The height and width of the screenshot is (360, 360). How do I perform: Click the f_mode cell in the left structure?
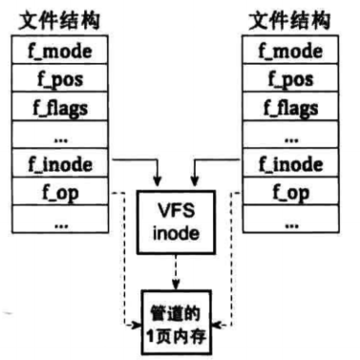(x=60, y=50)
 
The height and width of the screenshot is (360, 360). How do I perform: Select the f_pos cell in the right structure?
(x=290, y=78)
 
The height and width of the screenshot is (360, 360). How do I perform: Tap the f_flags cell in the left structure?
(x=60, y=106)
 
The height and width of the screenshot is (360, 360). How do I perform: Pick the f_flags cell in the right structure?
(x=290, y=106)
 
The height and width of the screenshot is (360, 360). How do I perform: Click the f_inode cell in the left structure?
(x=60, y=162)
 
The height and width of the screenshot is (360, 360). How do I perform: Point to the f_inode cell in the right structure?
(x=290, y=162)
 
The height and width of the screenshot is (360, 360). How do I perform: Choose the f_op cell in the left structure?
(x=60, y=191)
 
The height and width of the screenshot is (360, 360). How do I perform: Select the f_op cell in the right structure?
(x=290, y=191)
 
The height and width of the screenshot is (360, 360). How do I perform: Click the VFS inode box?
(x=176, y=222)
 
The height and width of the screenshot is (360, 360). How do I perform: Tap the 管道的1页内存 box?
(x=177, y=322)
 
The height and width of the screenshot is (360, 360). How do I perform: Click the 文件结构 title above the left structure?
(x=59, y=21)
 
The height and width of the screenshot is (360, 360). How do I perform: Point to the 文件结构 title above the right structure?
(x=289, y=21)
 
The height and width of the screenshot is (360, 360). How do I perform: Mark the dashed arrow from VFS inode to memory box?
(x=176, y=272)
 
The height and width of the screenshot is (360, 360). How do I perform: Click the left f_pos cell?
(x=60, y=78)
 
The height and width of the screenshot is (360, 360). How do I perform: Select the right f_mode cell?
(x=290, y=50)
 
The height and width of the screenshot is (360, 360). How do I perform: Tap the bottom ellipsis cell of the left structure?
(x=60, y=219)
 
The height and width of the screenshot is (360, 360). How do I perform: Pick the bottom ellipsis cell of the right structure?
(x=290, y=219)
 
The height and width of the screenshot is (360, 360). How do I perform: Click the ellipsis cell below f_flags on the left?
(x=60, y=135)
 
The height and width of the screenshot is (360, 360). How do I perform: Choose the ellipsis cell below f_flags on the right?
(x=290, y=135)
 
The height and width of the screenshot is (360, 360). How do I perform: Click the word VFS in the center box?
(x=176, y=210)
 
